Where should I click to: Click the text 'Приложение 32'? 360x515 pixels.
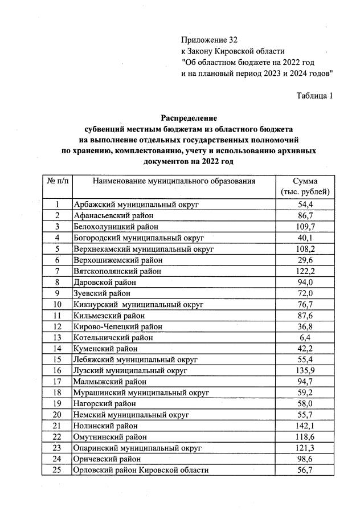coord(208,40)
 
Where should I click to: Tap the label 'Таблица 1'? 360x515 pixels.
coord(314,95)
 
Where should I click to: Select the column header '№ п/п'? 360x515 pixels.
coord(58,181)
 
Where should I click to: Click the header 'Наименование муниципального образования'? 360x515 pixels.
coord(174,181)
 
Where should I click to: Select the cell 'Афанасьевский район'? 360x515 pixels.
coord(113,215)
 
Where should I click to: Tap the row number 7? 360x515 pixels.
coord(58,271)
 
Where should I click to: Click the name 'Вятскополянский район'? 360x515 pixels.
coord(117,271)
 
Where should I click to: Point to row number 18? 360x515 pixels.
coord(58,393)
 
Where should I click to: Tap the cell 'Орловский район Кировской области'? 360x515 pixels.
coord(141,470)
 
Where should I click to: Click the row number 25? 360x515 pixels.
coord(58,470)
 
